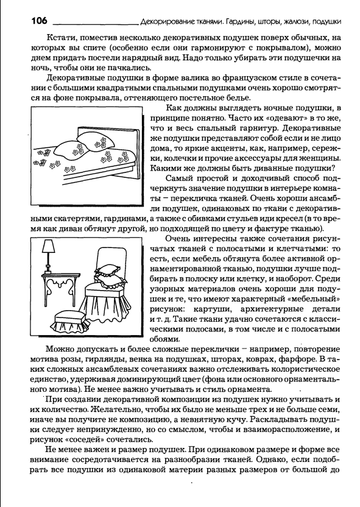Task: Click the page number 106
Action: point(40,21)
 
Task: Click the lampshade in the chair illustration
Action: point(48,247)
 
